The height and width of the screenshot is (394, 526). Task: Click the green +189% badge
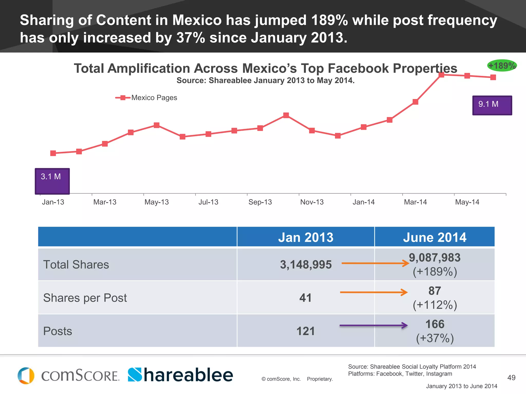pos(502,66)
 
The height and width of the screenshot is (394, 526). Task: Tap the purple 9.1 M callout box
pos(492,105)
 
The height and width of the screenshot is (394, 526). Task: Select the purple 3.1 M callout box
pos(52,181)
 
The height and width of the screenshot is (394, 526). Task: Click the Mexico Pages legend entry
pos(146,98)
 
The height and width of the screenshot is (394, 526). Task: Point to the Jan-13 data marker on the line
pos(53,153)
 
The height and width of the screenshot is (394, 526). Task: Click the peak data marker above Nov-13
pos(286,115)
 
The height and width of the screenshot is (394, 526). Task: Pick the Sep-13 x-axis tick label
pos(260,202)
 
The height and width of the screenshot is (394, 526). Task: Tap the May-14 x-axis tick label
pos(467,202)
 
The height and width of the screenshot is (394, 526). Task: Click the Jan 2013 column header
pos(306,237)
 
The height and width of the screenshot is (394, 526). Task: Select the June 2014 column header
pos(435,237)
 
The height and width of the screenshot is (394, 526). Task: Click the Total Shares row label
pos(76,264)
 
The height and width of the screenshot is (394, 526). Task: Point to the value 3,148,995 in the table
pos(306,264)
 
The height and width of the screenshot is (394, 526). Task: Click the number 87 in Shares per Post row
pos(435,291)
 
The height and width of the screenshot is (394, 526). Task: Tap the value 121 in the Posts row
pos(306,331)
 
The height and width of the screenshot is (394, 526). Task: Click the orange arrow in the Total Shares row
pos(375,263)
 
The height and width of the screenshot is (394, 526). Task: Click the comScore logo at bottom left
pos(68,376)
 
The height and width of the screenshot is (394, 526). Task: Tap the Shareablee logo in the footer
pos(180,375)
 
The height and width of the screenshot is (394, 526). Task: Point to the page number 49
pos(511,378)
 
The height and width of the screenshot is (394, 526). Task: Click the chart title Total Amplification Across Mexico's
pos(265,68)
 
